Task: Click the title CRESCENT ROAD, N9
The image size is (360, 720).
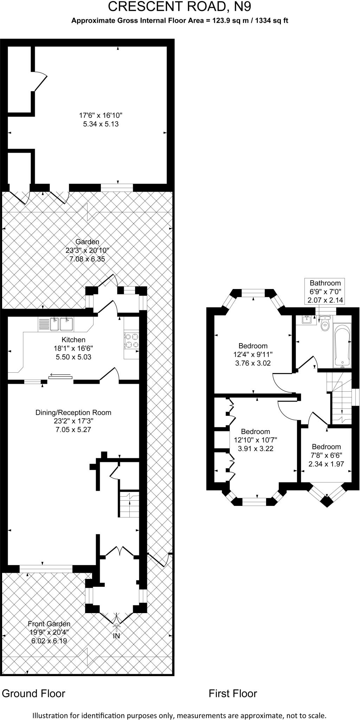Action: pyautogui.click(x=180, y=7)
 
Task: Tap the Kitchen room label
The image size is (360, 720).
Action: pyautogui.click(x=73, y=340)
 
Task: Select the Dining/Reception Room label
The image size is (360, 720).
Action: pyautogui.click(x=73, y=412)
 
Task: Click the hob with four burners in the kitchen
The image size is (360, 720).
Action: pyautogui.click(x=132, y=340)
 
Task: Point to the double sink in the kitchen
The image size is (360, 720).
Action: pyautogui.click(x=61, y=324)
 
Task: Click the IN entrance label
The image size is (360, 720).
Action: pyautogui.click(x=116, y=636)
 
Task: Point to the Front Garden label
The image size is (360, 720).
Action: pyautogui.click(x=49, y=624)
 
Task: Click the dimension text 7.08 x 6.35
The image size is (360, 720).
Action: pyautogui.click(x=88, y=259)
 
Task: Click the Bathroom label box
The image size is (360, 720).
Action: pyautogui.click(x=325, y=291)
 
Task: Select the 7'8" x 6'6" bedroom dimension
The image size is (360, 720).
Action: pyautogui.click(x=326, y=455)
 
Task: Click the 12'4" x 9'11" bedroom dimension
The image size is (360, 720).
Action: pyautogui.click(x=253, y=354)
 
